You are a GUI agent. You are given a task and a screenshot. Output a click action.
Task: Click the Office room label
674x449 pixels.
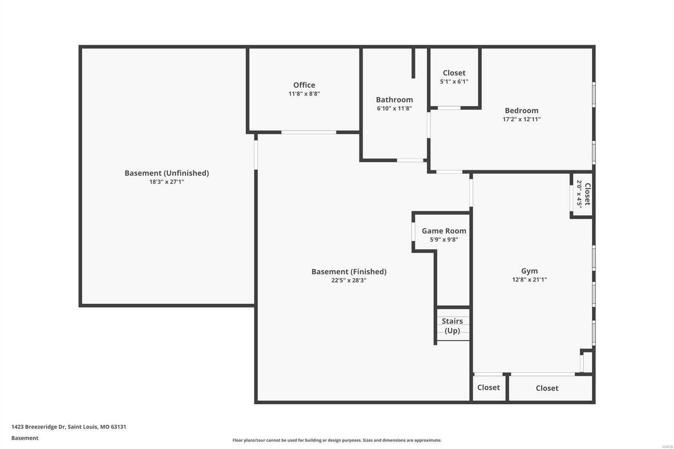pos(304,85)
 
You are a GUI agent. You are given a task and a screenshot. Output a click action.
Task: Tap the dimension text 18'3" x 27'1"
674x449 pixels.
pos(166,182)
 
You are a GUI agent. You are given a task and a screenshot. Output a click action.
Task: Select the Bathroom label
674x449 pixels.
pos(394,100)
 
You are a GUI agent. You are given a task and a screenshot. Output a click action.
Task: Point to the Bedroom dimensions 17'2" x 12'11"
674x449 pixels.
pos(522,119)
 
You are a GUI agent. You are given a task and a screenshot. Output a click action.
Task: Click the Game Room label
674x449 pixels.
pos(444,231)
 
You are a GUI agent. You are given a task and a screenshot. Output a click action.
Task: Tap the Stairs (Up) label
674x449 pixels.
pos(452,326)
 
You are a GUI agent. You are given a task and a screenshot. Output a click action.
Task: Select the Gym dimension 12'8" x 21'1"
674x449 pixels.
pos(530,280)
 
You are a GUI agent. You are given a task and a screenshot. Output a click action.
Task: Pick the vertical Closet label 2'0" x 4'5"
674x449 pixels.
pos(583,194)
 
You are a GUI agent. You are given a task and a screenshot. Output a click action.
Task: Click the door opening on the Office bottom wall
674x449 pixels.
pos(308,132)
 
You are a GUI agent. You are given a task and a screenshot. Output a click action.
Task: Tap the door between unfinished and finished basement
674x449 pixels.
pos(256,155)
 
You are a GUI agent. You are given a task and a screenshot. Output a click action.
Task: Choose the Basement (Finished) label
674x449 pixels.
pos(349,272)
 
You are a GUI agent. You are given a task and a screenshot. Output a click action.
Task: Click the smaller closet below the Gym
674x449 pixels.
pos(489,388)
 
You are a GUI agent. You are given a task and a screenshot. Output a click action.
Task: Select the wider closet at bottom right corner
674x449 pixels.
pos(547,388)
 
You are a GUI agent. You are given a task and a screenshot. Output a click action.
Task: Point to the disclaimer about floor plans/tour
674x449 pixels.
pos(337,440)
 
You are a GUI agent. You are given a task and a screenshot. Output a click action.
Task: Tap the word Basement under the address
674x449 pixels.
pos(25,438)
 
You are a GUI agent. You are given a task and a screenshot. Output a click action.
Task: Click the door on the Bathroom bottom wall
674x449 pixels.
pos(410,160)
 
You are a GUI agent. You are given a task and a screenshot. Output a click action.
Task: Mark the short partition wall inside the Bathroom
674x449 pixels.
pos(413,63)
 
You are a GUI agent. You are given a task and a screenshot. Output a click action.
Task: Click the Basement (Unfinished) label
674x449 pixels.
pos(166,173)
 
